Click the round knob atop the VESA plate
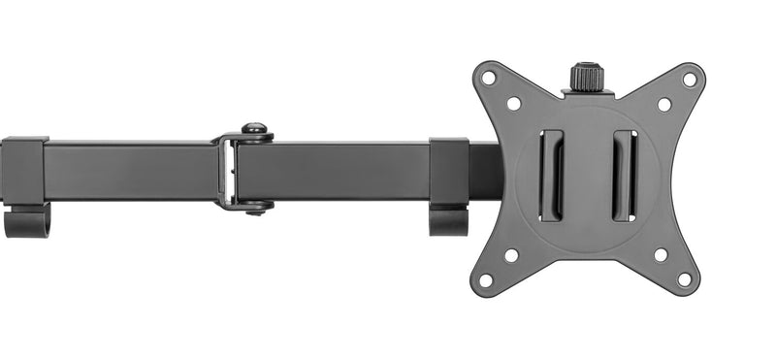587,77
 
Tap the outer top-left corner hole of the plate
489,78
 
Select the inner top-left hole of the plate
513,103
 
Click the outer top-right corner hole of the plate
689,80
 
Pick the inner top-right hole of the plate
664,104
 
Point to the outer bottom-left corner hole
487,279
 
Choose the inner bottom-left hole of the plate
511,255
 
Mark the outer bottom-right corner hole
685,279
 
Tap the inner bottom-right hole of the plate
661,255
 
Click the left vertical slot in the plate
551,176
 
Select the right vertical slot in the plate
625,176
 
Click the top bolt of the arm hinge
255,129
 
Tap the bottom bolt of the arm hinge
255,206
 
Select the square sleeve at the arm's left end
24,171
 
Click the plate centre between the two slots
588,176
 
